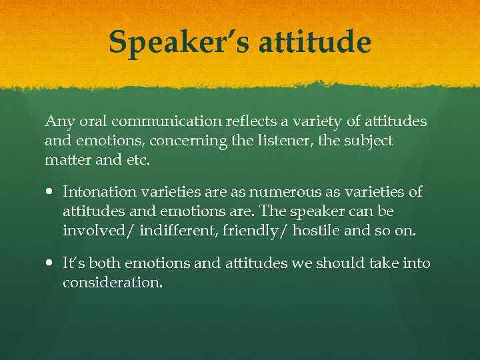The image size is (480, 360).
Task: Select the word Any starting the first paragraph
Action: coord(57,122)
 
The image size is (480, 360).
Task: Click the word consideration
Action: coord(112,283)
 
